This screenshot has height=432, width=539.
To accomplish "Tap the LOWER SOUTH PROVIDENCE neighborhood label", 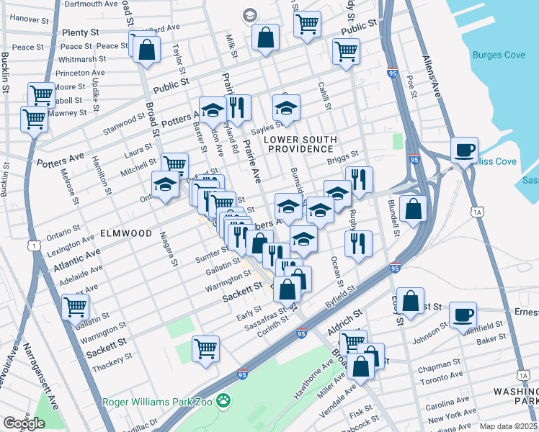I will click(x=300, y=143).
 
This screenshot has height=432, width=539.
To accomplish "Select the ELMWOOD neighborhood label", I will click(x=126, y=233).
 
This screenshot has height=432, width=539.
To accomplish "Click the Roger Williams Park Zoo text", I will click(x=159, y=402).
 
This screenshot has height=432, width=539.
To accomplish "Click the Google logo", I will click(x=24, y=423).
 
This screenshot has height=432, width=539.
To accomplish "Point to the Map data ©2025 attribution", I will click(x=508, y=426).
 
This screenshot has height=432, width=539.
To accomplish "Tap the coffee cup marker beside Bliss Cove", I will click(x=464, y=150).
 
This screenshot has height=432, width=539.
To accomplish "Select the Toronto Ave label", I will click(x=441, y=377).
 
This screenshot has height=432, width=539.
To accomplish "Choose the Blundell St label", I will click(x=396, y=224).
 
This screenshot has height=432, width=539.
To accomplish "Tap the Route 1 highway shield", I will click(x=34, y=246).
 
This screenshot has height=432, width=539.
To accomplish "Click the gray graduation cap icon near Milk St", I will click(x=249, y=15).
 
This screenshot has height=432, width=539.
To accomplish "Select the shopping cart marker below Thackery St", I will click(x=205, y=348).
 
